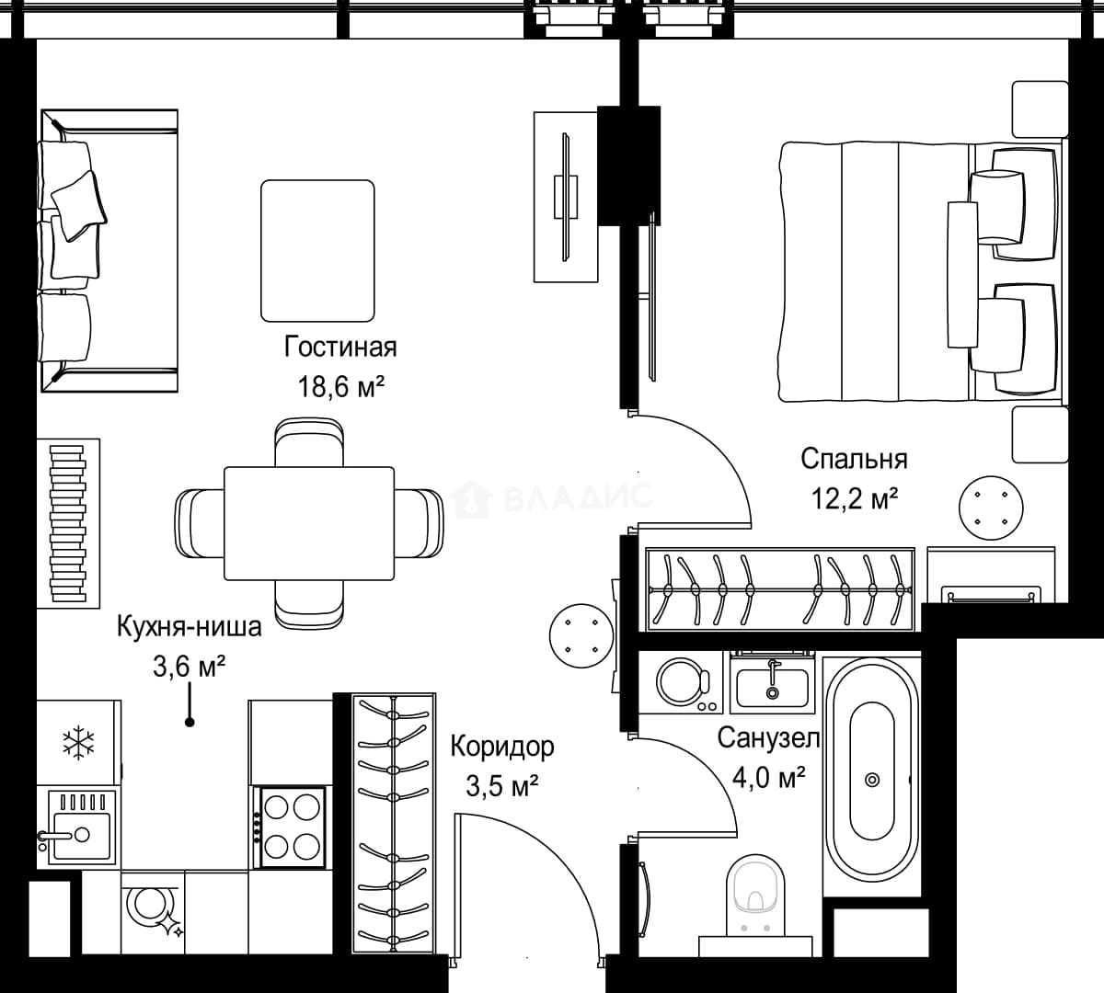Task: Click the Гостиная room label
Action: (340, 348)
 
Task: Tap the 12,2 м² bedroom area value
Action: (855, 499)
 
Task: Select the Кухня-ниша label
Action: (189, 627)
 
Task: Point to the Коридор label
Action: (502, 747)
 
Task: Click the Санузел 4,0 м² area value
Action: (769, 778)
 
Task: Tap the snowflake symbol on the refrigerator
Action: (79, 743)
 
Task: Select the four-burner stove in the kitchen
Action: (293, 827)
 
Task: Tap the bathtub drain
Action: (872, 780)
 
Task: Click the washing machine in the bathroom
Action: (681, 683)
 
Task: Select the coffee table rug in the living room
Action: (317, 251)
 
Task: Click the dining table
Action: (309, 523)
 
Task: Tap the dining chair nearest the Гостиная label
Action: (309, 442)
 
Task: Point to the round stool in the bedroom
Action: (991, 508)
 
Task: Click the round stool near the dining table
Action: (581, 636)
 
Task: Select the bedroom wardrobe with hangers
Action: (780, 589)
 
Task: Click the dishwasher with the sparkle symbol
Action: (153, 911)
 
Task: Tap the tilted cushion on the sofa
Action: (79, 205)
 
